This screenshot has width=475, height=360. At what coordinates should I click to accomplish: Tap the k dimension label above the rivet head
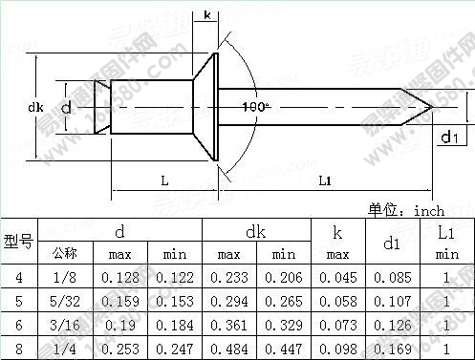pos(208,16)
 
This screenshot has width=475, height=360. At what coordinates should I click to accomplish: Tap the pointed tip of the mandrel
pos(434,106)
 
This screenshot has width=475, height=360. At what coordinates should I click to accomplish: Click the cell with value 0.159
pos(119,301)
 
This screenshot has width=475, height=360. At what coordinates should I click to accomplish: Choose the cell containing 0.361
pos(228,324)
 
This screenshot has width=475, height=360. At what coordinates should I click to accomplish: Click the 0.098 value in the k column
pos(337,347)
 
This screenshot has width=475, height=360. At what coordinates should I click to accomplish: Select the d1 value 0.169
pos(391,347)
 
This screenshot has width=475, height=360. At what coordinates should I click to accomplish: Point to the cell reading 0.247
pos(174,347)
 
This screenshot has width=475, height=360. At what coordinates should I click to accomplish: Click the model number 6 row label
pos(18,324)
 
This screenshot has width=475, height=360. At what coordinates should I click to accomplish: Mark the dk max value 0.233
pos(228,278)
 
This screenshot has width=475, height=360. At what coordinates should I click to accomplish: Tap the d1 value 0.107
pos(391,301)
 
